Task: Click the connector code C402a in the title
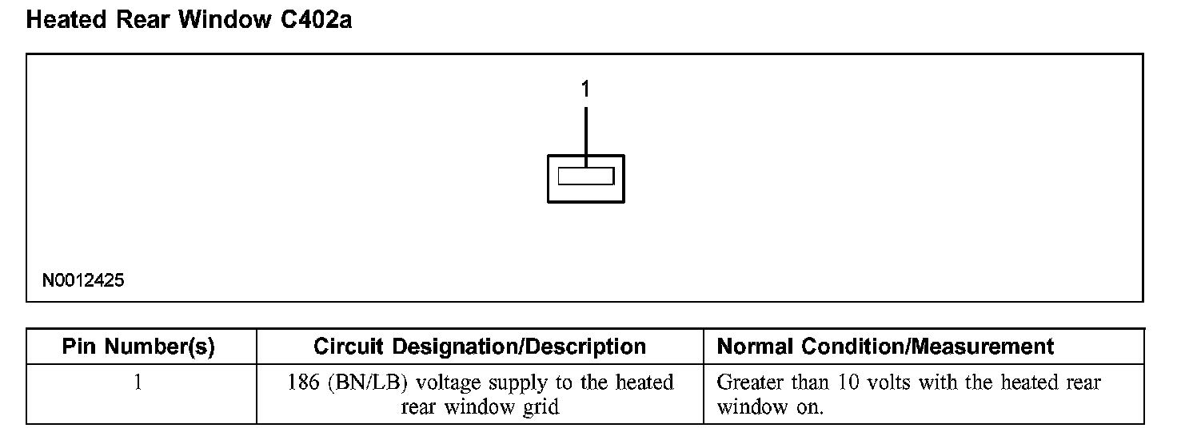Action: click(x=316, y=20)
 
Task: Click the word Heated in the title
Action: click(x=66, y=20)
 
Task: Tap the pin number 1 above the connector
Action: click(x=585, y=89)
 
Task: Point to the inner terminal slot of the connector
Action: click(x=586, y=176)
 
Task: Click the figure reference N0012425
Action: click(x=84, y=281)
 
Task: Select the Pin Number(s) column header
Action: click(x=138, y=347)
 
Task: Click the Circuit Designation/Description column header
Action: click(x=480, y=347)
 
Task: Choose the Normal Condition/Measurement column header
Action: click(x=886, y=347)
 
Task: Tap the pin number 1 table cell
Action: click(x=138, y=383)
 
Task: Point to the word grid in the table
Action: click(x=541, y=407)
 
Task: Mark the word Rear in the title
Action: click(x=145, y=20)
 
